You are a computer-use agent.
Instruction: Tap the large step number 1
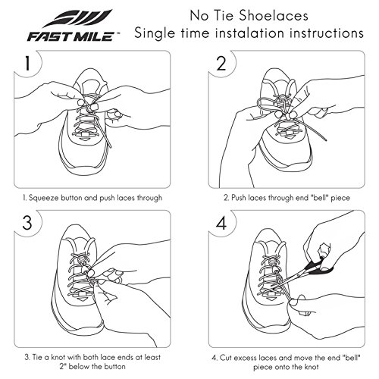pyautogui.click(x=27, y=64)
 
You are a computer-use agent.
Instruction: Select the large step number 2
pyautogui.click(x=221, y=64)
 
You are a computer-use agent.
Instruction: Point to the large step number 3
pyautogui.click(x=27, y=223)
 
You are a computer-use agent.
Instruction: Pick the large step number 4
pyautogui.click(x=221, y=223)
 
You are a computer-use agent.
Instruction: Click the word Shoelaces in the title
pyautogui.click(x=274, y=16)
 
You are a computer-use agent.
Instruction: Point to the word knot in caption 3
pyautogui.click(x=58, y=357)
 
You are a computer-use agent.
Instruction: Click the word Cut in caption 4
pyautogui.click(x=225, y=358)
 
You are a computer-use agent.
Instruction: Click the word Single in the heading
pyautogui.click(x=155, y=33)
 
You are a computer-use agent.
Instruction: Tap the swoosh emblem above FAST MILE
pyautogui.click(x=77, y=18)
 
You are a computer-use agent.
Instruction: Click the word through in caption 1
pyautogui.click(x=149, y=198)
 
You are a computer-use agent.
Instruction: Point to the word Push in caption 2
pyautogui.click(x=239, y=197)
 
